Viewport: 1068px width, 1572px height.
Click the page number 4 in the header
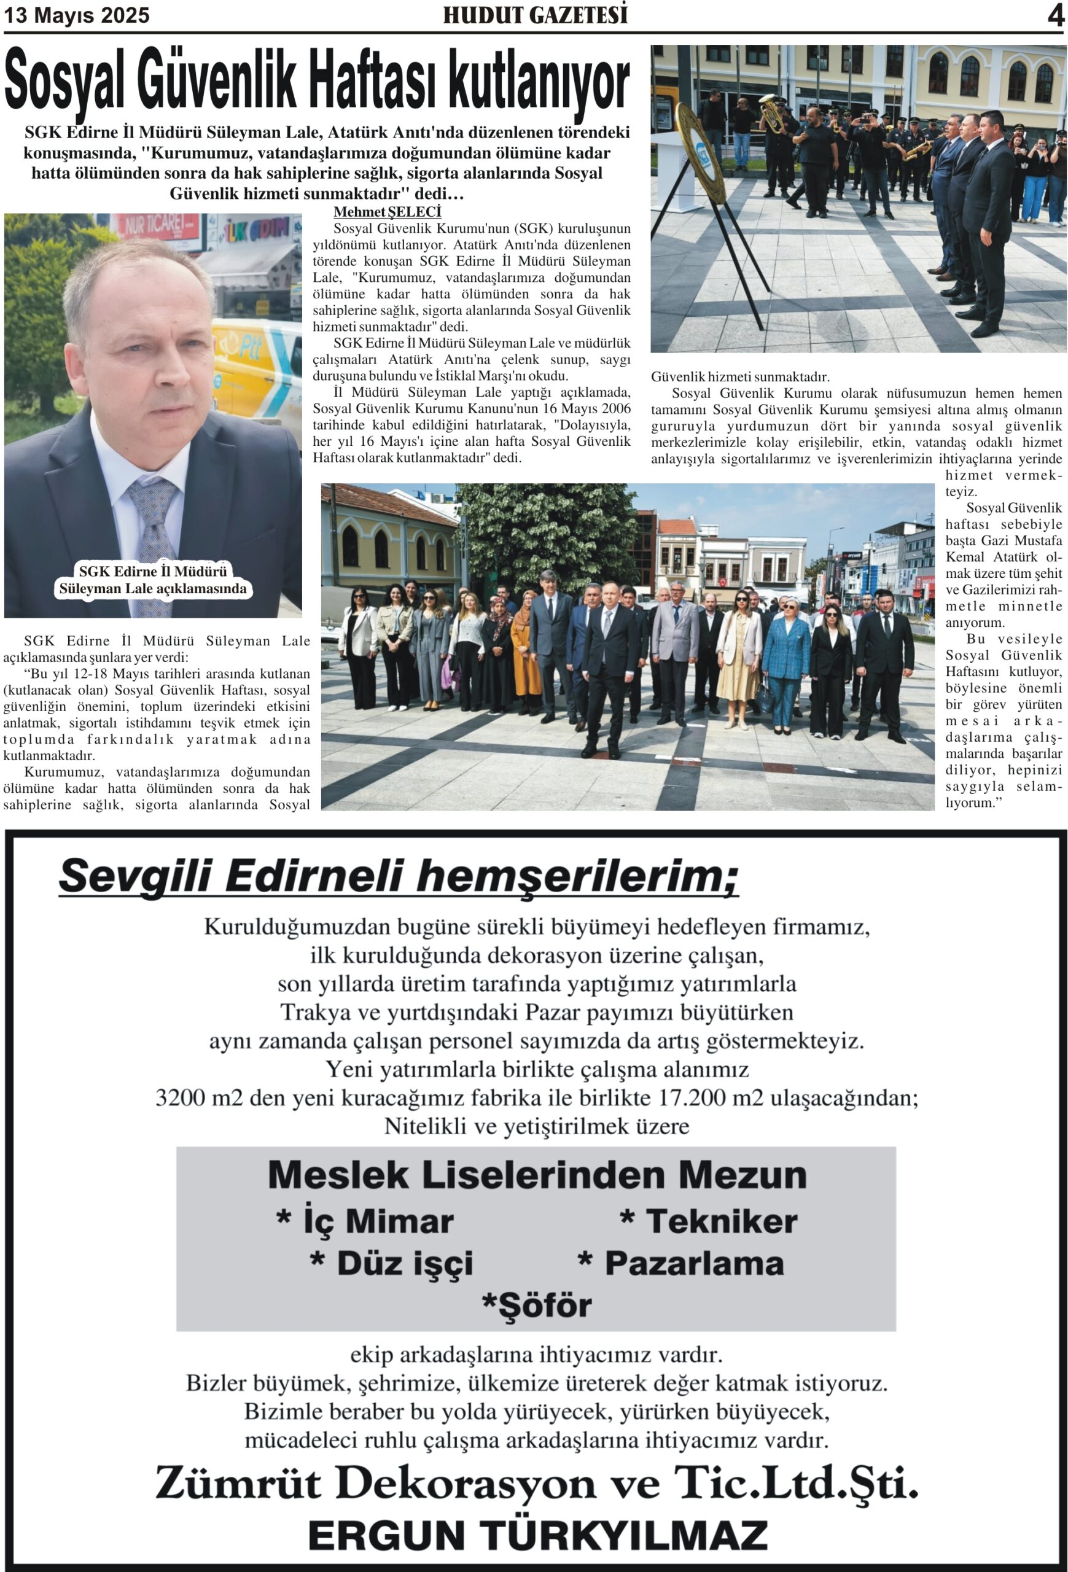pos(1055,15)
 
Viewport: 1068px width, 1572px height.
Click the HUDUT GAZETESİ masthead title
pos(535,15)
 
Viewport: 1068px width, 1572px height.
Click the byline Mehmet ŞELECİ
pos(387,212)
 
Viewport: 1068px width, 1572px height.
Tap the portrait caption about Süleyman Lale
pos(153,580)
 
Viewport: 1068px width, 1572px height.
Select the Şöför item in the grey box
pos(536,1305)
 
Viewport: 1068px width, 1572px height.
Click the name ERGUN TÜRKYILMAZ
pos(538,1536)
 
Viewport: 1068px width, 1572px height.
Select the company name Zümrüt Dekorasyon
pos(373,1484)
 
